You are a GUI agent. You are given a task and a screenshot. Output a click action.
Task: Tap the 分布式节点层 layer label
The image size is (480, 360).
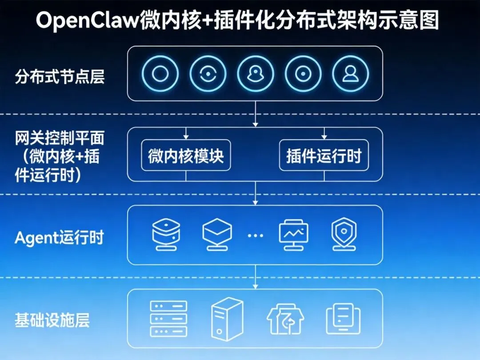(x=60, y=76)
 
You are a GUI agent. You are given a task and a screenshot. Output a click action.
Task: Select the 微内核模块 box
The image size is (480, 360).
(x=186, y=156)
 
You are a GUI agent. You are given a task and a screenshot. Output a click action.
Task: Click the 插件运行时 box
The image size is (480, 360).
(x=324, y=156)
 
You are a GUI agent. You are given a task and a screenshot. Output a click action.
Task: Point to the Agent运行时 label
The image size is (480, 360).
(x=59, y=238)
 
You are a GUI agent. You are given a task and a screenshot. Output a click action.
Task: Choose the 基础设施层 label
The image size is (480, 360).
(x=52, y=320)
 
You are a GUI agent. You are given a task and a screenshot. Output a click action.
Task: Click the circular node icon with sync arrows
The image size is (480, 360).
(x=208, y=74)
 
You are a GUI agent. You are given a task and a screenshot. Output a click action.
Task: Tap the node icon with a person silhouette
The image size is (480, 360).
(x=351, y=74)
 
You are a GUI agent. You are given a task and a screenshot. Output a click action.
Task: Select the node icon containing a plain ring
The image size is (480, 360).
(x=160, y=74)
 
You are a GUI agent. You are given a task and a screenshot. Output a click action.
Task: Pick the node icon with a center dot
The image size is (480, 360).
(x=303, y=74)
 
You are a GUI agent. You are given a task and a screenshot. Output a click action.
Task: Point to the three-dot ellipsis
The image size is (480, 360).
(x=255, y=236)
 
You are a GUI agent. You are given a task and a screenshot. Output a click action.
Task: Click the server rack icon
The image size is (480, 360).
(x=168, y=318)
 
